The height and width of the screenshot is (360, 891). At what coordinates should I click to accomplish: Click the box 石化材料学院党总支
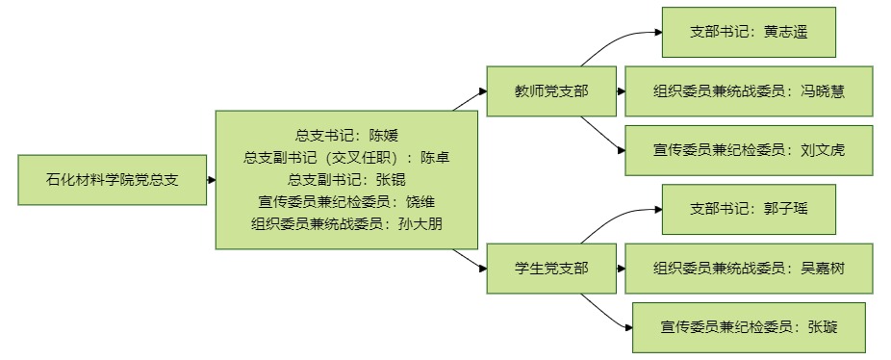pos(112,180)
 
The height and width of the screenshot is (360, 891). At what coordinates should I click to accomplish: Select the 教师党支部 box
pos(551,91)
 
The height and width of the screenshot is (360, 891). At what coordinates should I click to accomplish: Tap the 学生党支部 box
pos(551,269)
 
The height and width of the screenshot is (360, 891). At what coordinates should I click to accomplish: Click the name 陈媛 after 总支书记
pos(384,136)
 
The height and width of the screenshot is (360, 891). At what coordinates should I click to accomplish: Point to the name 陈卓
pos(435,158)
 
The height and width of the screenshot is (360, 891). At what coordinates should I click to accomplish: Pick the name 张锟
pos(391,180)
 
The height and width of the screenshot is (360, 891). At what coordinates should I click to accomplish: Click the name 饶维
pos(420,202)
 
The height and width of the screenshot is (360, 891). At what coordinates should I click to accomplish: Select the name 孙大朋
pos(420,224)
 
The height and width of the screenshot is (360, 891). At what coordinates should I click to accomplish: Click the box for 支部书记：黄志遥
pos(749,32)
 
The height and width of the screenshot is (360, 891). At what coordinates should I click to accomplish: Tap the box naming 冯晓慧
pos(749,91)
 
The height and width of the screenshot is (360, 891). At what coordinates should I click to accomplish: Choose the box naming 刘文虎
pos(749,150)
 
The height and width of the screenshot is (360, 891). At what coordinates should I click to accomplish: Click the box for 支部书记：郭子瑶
pos(749,209)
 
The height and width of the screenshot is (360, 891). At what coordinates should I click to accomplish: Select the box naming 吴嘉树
pos(749,269)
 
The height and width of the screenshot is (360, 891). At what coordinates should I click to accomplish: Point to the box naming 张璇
pos(749,327)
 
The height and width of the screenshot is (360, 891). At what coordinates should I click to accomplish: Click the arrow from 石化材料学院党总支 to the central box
pos(212,180)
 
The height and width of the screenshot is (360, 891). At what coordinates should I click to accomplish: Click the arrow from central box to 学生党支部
pos(470,259)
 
